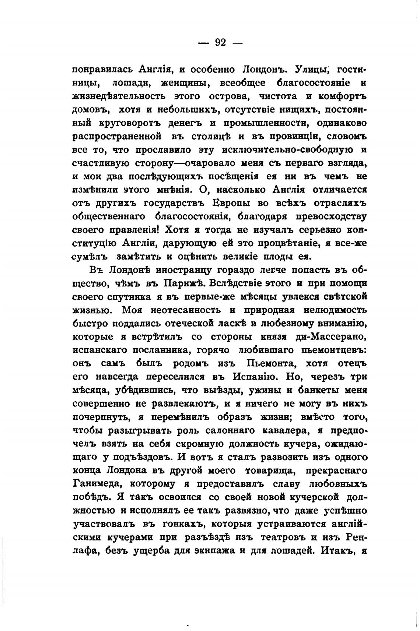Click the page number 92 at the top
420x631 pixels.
(220, 42)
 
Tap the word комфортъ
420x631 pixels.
(344, 96)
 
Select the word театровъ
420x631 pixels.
(283, 537)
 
